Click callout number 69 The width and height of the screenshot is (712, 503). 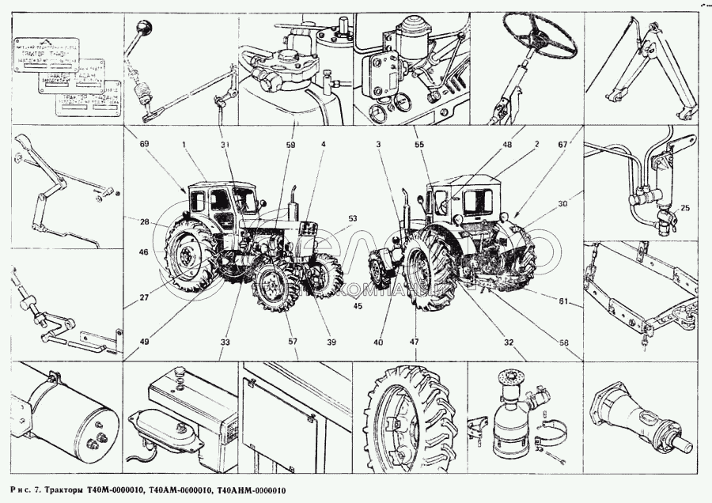tap(145, 146)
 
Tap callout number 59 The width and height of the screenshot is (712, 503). tap(290, 145)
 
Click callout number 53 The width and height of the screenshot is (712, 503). tap(352, 217)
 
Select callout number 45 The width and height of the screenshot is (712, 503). tap(358, 306)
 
